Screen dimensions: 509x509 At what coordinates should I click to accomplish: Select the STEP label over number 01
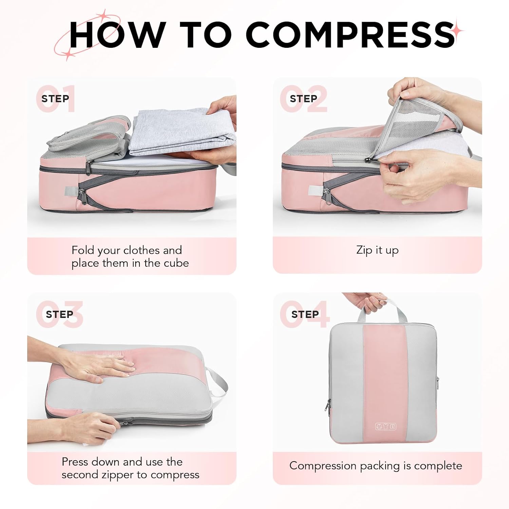click(55, 99)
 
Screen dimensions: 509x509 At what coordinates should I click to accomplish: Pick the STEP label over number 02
click(303, 99)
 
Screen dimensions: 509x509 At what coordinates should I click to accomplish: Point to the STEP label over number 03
click(59, 315)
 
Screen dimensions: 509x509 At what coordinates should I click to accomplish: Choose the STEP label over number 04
click(305, 315)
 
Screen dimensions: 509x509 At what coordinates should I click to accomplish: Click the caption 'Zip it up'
click(377, 250)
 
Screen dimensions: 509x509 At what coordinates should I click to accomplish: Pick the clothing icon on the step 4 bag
click(385, 427)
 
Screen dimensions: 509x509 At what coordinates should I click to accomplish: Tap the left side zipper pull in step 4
click(328, 405)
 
